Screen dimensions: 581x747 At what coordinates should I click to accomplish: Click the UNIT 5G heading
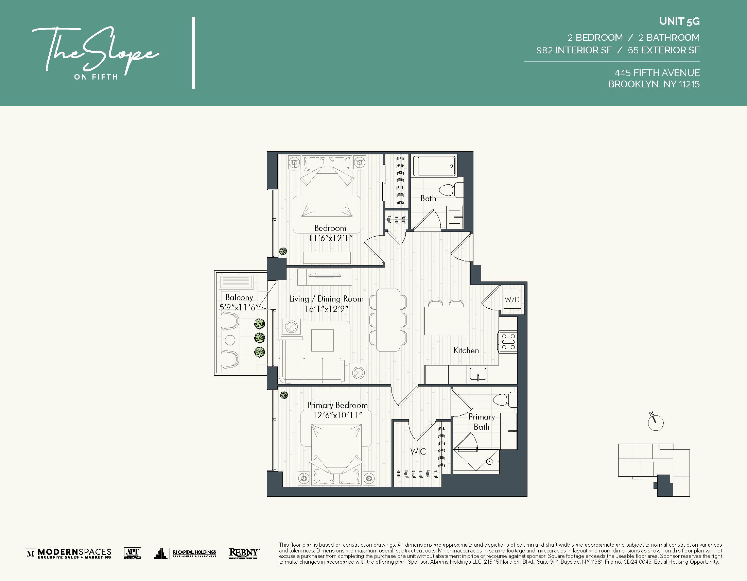tap(679, 21)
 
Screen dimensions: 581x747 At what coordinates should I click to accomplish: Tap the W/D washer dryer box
tap(512, 300)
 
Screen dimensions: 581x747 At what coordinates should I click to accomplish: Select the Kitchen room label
tap(466, 351)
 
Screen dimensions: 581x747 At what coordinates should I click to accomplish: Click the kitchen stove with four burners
tap(508, 341)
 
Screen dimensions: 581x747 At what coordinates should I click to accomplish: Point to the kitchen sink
tap(478, 375)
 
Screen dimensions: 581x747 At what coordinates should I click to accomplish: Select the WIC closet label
tap(418, 452)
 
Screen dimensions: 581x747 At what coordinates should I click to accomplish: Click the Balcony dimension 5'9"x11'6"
tap(238, 308)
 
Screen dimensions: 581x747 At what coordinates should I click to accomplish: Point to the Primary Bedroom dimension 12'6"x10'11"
tap(337, 415)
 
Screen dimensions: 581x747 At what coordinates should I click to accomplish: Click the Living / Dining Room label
tap(326, 299)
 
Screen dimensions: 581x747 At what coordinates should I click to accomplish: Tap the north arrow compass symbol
tap(655, 422)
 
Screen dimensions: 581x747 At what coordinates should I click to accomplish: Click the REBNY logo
tap(244, 552)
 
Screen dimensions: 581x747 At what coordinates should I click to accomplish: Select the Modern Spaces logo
tap(68, 553)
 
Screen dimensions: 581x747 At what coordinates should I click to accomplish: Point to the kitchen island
tap(446, 321)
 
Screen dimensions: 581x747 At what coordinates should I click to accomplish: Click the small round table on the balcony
tap(230, 340)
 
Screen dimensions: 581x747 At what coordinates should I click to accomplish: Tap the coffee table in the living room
tap(322, 340)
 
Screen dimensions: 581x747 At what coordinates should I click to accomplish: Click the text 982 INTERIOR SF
tap(574, 50)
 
